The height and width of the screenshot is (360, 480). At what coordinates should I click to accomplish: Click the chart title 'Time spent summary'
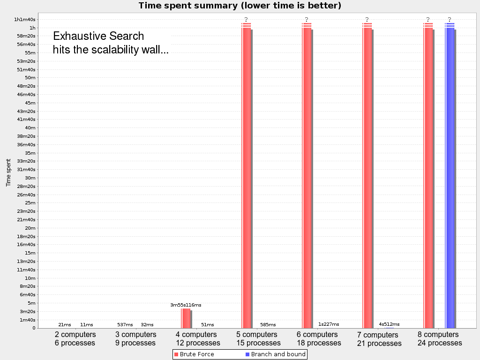click(x=240, y=6)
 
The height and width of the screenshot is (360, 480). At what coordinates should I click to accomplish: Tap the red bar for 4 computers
click(x=186, y=318)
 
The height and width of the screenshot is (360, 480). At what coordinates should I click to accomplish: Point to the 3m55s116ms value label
click(x=186, y=305)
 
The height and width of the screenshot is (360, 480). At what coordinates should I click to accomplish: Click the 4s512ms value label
click(x=389, y=324)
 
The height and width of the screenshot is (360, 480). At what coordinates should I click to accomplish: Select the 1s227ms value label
click(x=329, y=324)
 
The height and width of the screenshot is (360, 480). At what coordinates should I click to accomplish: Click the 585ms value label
click(x=268, y=325)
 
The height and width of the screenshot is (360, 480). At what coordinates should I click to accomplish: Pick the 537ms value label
click(x=125, y=325)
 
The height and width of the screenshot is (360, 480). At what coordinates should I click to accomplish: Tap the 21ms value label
click(x=65, y=325)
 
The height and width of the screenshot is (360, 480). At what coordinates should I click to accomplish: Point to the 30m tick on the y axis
click(x=30, y=178)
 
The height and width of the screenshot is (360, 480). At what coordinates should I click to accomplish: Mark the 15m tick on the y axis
click(x=30, y=253)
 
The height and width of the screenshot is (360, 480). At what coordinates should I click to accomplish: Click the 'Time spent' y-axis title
click(x=8, y=172)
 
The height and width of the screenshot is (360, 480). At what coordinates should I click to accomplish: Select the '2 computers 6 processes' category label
click(x=75, y=339)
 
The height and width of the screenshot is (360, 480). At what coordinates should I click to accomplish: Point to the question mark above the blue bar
click(x=450, y=19)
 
